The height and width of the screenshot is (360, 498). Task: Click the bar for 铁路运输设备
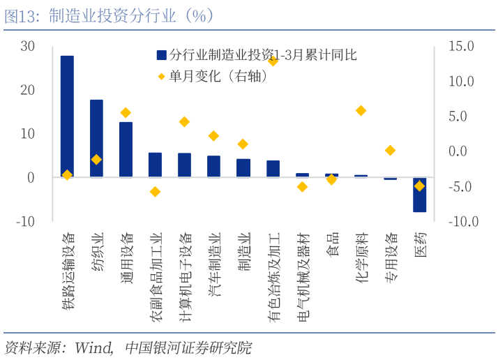coord(67,116)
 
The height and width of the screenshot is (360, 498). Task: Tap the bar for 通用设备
coord(126,149)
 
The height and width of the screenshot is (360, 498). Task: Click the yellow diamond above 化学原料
coord(361,110)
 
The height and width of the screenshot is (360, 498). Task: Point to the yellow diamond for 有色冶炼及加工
coord(273,61)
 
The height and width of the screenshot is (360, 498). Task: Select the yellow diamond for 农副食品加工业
coord(155,191)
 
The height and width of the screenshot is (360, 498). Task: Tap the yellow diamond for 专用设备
coord(390,150)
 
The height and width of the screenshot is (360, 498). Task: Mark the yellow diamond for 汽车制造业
coord(213,136)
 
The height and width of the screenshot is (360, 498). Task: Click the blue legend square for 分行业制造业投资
coord(161,54)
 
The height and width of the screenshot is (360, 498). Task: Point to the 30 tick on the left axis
coord(27,46)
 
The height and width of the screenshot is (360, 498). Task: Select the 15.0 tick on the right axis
coord(461,46)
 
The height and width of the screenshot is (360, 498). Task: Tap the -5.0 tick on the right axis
coord(461,186)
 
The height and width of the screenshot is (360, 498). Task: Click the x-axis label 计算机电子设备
coord(185,277)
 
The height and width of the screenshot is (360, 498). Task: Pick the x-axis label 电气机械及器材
coord(302,277)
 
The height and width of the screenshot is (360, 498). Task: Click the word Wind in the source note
coord(93,347)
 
